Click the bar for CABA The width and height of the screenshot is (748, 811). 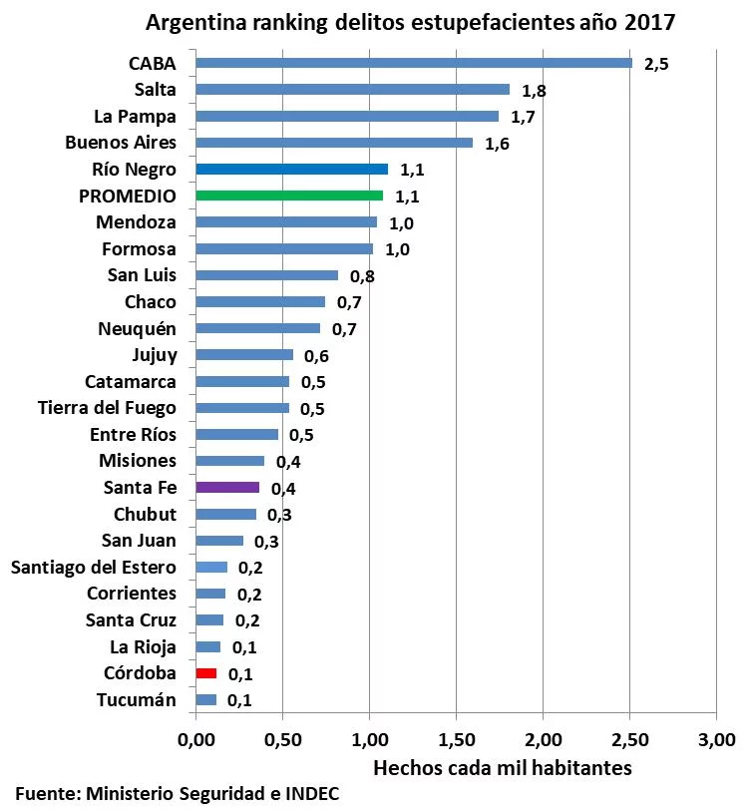(414, 63)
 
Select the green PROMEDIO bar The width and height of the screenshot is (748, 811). (289, 196)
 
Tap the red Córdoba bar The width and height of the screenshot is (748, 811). (206, 673)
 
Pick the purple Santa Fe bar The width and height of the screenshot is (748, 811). (227, 488)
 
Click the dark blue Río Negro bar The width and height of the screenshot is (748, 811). (291, 169)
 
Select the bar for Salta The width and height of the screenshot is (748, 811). (352, 90)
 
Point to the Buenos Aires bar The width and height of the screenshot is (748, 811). (334, 143)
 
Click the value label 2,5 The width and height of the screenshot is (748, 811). (656, 65)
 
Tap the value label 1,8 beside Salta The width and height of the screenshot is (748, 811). (534, 91)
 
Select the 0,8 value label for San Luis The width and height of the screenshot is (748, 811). (362, 276)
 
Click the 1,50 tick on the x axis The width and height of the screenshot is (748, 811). (456, 739)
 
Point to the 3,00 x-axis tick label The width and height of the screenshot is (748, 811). (716, 739)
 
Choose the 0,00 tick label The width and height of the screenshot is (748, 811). (196, 739)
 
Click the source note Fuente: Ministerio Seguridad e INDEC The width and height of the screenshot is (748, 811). (183, 794)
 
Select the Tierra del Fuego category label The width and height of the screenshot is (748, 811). (107, 408)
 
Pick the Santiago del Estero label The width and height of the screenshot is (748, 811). (94, 568)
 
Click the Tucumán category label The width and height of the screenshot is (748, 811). (137, 699)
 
